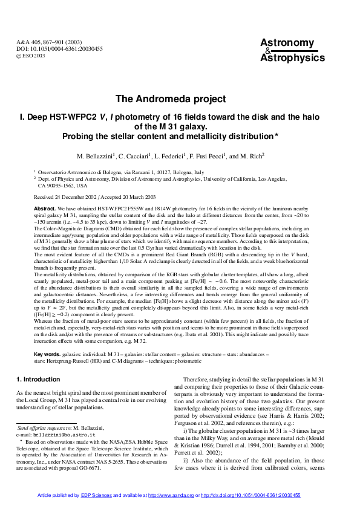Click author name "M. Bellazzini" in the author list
click(x=94, y=156)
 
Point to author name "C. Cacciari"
click(x=137, y=156)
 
